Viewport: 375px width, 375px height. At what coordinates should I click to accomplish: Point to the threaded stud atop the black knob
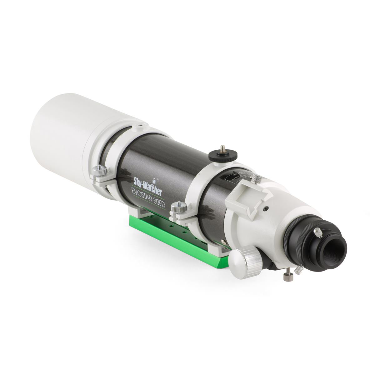(x=222, y=147)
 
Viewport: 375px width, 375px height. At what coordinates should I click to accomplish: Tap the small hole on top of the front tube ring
(x=140, y=125)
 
